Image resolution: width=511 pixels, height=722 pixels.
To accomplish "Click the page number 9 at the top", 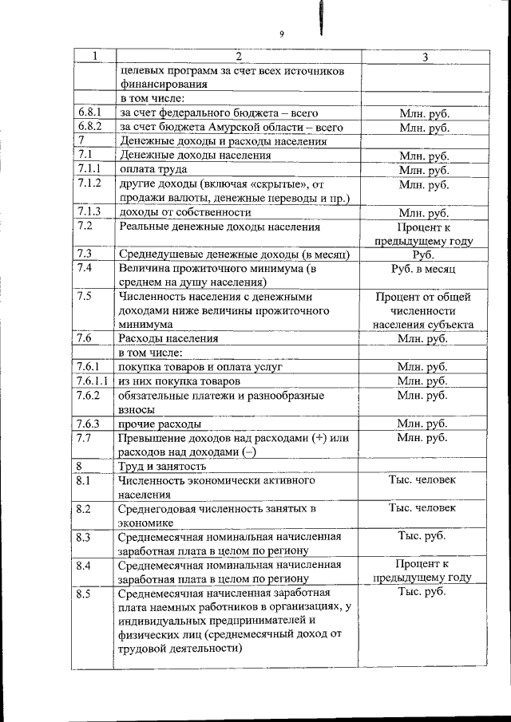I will [282, 34].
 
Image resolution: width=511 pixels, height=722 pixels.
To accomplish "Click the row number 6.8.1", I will [89, 113].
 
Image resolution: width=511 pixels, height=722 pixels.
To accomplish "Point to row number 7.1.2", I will [90, 183].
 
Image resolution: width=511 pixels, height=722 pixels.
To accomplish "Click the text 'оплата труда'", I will [153, 170].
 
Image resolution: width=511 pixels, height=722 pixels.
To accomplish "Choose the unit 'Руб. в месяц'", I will [423, 269].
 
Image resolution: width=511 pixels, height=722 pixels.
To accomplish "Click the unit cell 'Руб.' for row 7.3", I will [423, 254].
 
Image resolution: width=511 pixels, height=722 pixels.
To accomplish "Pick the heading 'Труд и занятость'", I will [162, 466].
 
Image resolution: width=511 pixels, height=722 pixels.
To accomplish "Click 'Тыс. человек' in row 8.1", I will [422, 480].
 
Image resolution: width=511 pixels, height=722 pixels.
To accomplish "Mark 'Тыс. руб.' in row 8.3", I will [422, 536].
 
